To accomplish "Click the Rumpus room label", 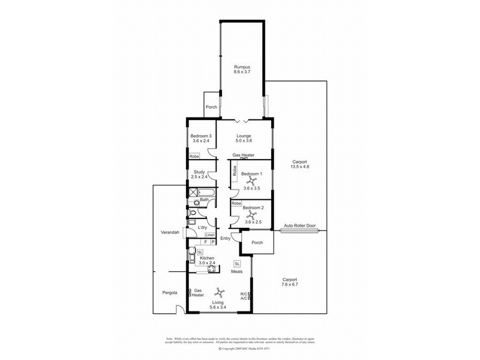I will (x=242, y=67).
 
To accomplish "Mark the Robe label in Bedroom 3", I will (x=194, y=156).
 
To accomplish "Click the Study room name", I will (x=199, y=172).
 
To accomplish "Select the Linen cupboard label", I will (x=209, y=235).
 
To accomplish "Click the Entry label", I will (x=226, y=239).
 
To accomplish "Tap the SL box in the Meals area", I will (x=237, y=263).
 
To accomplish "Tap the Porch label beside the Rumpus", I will (x=211, y=107).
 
